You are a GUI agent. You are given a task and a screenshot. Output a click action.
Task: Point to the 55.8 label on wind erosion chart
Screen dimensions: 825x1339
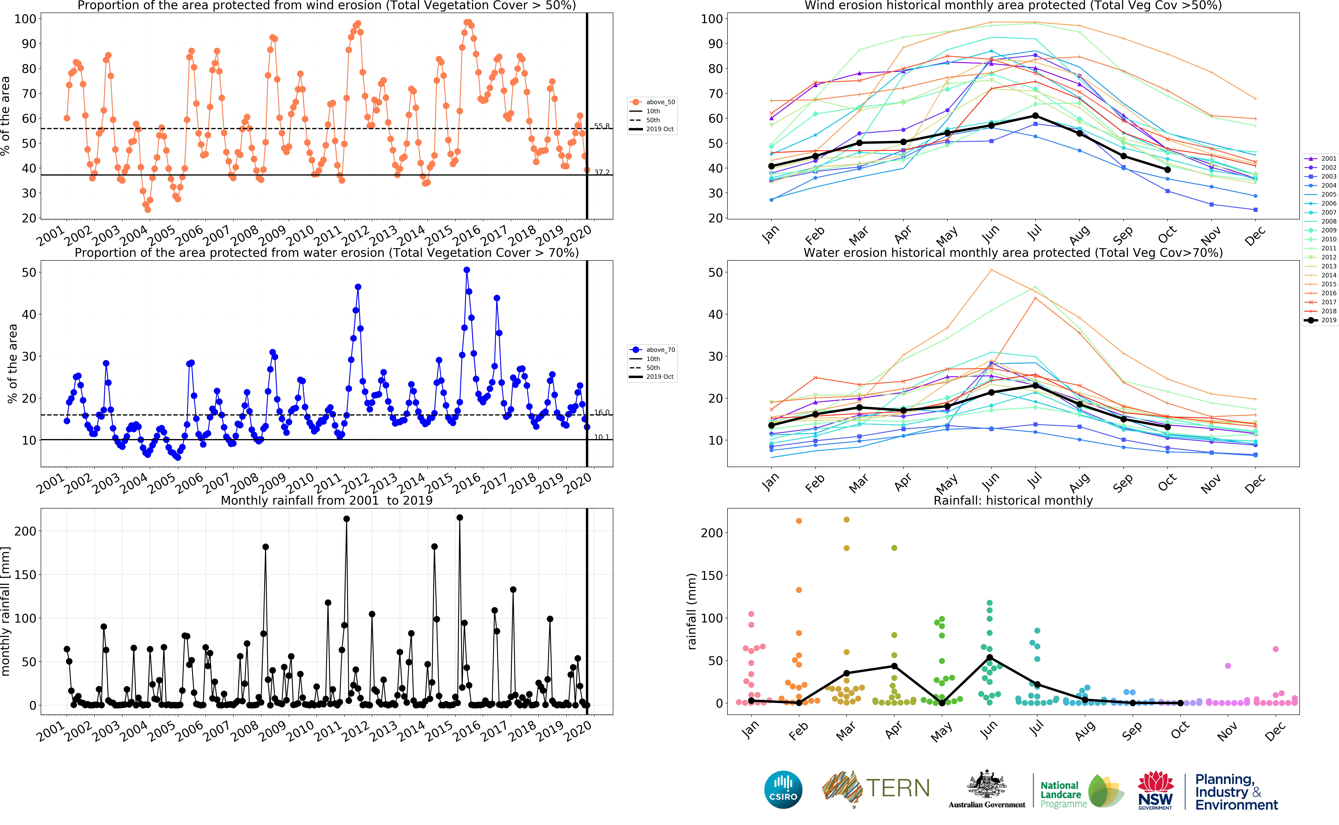coord(602,126)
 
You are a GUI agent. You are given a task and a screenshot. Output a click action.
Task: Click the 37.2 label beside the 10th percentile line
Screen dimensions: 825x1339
coord(602,172)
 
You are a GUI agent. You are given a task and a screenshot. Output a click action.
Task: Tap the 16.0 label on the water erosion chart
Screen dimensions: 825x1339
coord(602,413)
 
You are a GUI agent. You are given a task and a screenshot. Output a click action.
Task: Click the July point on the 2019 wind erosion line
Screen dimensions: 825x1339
coord(1035,116)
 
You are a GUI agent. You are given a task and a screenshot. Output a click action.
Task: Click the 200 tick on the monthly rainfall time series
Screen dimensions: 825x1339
coord(25,531)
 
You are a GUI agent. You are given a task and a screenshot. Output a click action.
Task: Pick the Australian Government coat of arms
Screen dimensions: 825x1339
coord(987,786)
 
